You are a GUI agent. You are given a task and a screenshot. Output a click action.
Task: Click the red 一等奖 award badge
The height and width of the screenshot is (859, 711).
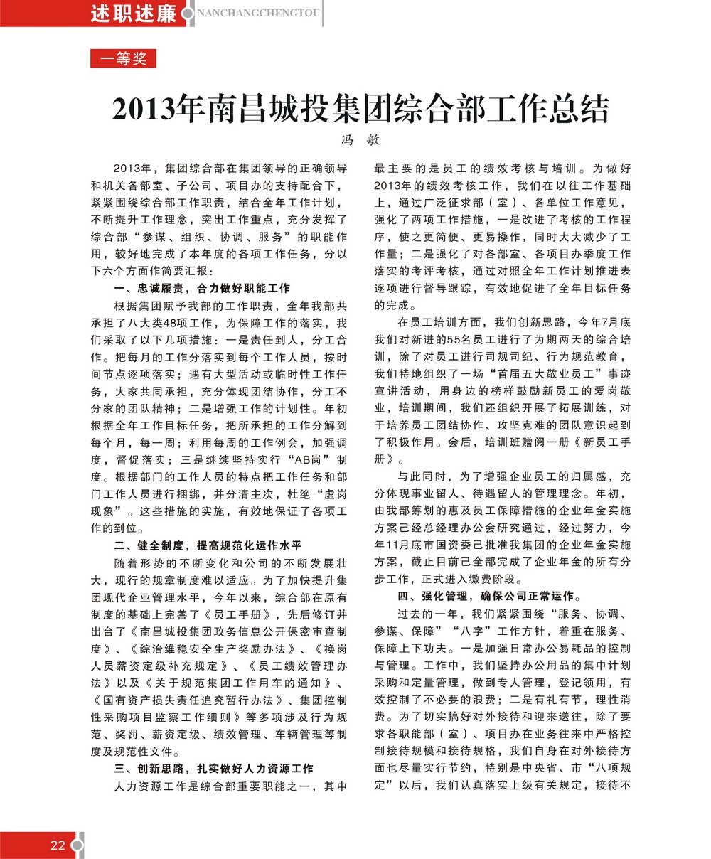(x=123, y=59)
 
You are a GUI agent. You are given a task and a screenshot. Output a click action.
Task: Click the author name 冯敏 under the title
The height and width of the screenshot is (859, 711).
(x=361, y=140)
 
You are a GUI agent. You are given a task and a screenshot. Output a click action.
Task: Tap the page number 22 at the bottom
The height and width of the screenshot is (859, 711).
(x=58, y=845)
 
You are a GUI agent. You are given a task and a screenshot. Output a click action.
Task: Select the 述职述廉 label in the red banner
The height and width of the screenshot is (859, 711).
(x=133, y=14)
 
